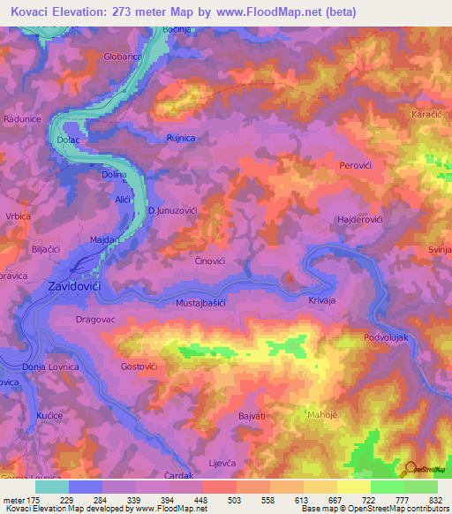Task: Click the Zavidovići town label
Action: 75,286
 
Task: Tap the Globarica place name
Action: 123,56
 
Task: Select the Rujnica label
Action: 181,138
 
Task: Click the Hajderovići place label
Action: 359,219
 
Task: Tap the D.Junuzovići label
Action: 171,212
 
